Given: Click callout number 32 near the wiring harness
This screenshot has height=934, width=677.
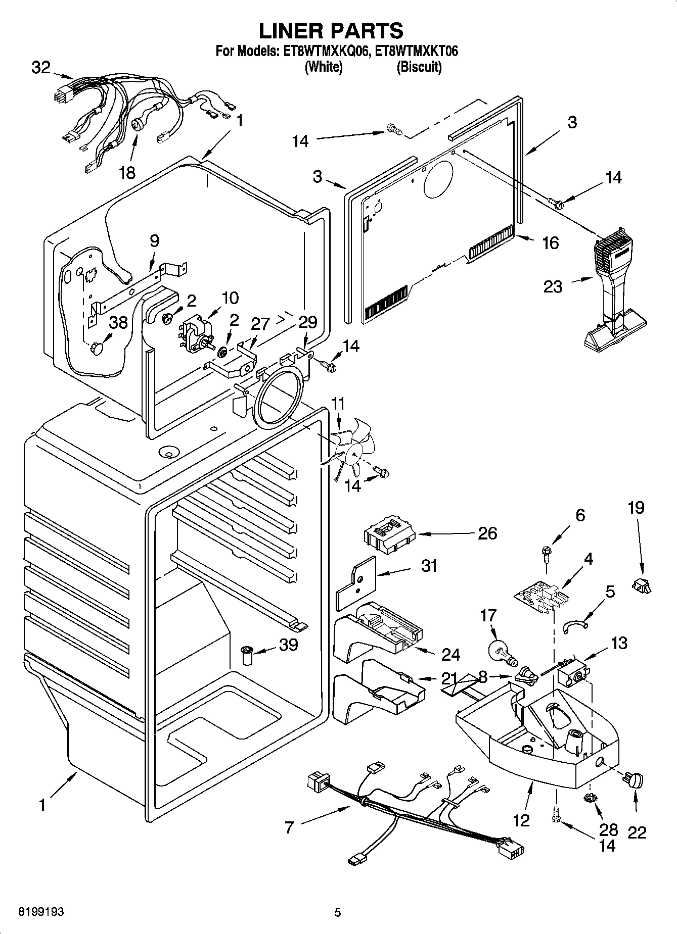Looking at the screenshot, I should point(41,67).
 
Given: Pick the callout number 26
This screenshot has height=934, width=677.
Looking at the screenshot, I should point(487,533).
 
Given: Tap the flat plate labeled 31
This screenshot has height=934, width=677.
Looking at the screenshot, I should point(357,583).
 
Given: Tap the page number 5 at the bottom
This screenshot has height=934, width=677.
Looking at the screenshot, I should point(338,912).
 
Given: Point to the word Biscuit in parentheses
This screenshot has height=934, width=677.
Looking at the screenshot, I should point(419,67).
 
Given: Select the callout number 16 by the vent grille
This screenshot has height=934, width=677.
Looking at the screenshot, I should point(550,243).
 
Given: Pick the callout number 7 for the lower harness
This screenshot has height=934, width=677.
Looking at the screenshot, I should point(289,827).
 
